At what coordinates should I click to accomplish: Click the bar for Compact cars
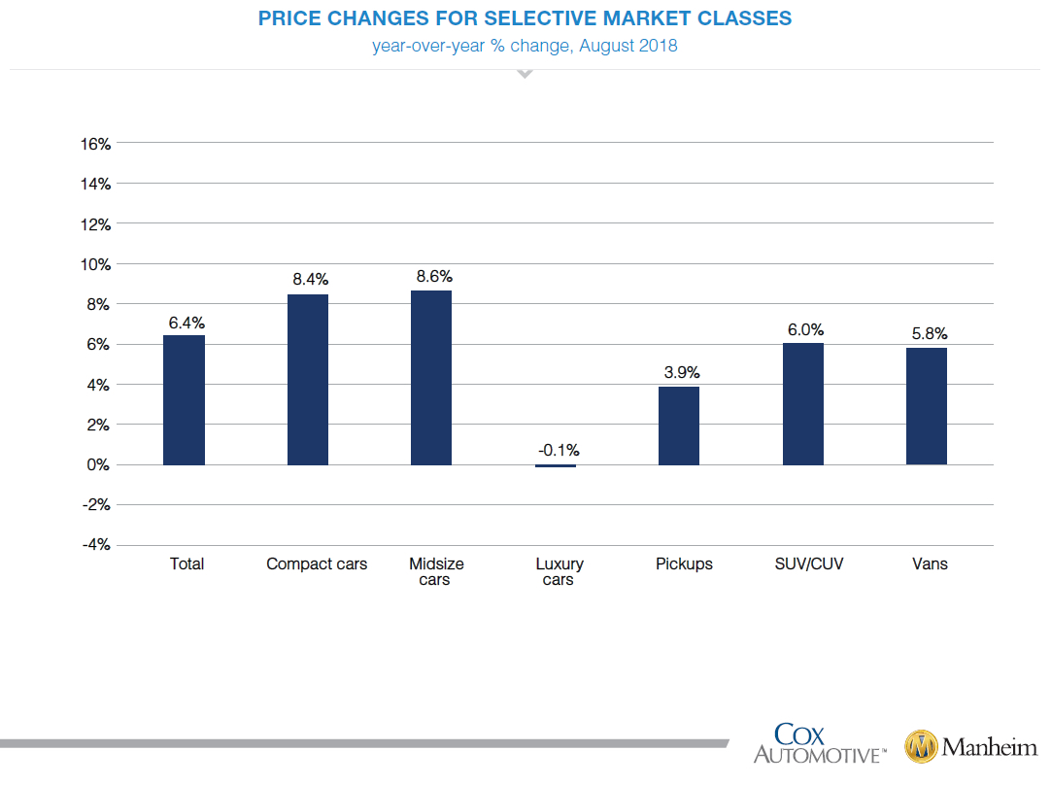(307, 380)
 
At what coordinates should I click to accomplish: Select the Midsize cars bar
(431, 378)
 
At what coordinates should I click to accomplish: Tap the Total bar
(184, 400)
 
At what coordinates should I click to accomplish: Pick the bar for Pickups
(679, 426)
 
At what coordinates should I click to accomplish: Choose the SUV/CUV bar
(803, 404)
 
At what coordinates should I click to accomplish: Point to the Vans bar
(927, 406)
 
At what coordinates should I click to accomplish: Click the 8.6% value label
(434, 277)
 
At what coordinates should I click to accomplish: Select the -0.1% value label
(559, 450)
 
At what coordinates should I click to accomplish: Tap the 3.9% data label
(682, 372)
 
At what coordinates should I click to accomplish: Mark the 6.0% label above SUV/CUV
(805, 329)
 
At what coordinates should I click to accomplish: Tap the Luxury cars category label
(559, 572)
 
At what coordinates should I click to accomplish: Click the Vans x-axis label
(930, 563)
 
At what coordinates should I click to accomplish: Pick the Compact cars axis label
(317, 563)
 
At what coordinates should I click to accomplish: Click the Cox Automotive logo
(820, 743)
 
